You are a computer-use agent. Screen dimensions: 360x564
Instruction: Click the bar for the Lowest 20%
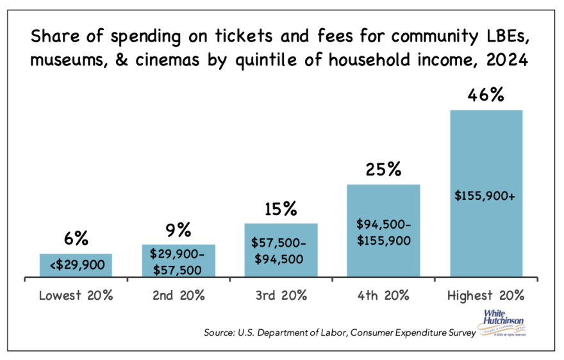tap(76, 265)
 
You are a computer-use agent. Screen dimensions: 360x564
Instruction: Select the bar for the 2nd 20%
tap(178, 261)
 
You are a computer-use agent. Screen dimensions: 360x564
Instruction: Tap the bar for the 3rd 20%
tap(281, 250)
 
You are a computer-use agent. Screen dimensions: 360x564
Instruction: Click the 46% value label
tap(486, 95)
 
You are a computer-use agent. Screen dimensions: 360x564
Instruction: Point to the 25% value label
tap(383, 170)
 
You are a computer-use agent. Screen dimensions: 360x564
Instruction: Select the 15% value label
tap(281, 209)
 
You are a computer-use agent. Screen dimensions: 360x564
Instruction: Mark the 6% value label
tap(76, 239)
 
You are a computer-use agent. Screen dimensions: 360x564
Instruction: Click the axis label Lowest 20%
tap(76, 295)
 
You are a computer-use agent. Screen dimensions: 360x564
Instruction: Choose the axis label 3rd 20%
tap(281, 295)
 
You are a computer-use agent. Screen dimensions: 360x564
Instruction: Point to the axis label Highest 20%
tap(486, 295)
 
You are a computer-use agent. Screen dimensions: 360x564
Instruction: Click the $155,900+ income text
tap(486, 193)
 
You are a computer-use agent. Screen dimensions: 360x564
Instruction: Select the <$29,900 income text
tap(76, 265)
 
